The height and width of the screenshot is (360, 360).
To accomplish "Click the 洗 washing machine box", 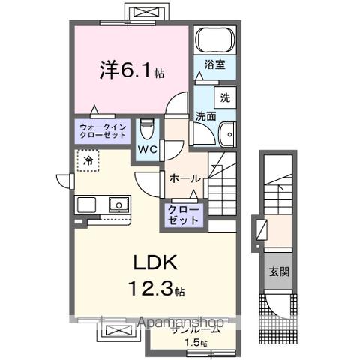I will (x=223, y=97).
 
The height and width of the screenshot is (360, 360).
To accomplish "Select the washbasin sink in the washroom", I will (x=226, y=134).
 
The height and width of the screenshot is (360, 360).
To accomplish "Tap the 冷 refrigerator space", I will (x=88, y=160).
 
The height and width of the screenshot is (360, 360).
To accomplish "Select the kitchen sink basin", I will (x=118, y=204).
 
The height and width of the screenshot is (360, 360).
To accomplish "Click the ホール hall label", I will (x=184, y=178).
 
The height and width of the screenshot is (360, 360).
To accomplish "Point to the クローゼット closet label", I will (x=184, y=215).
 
